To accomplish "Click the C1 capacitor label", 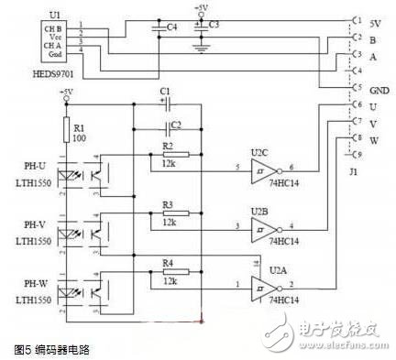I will point(166,92).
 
